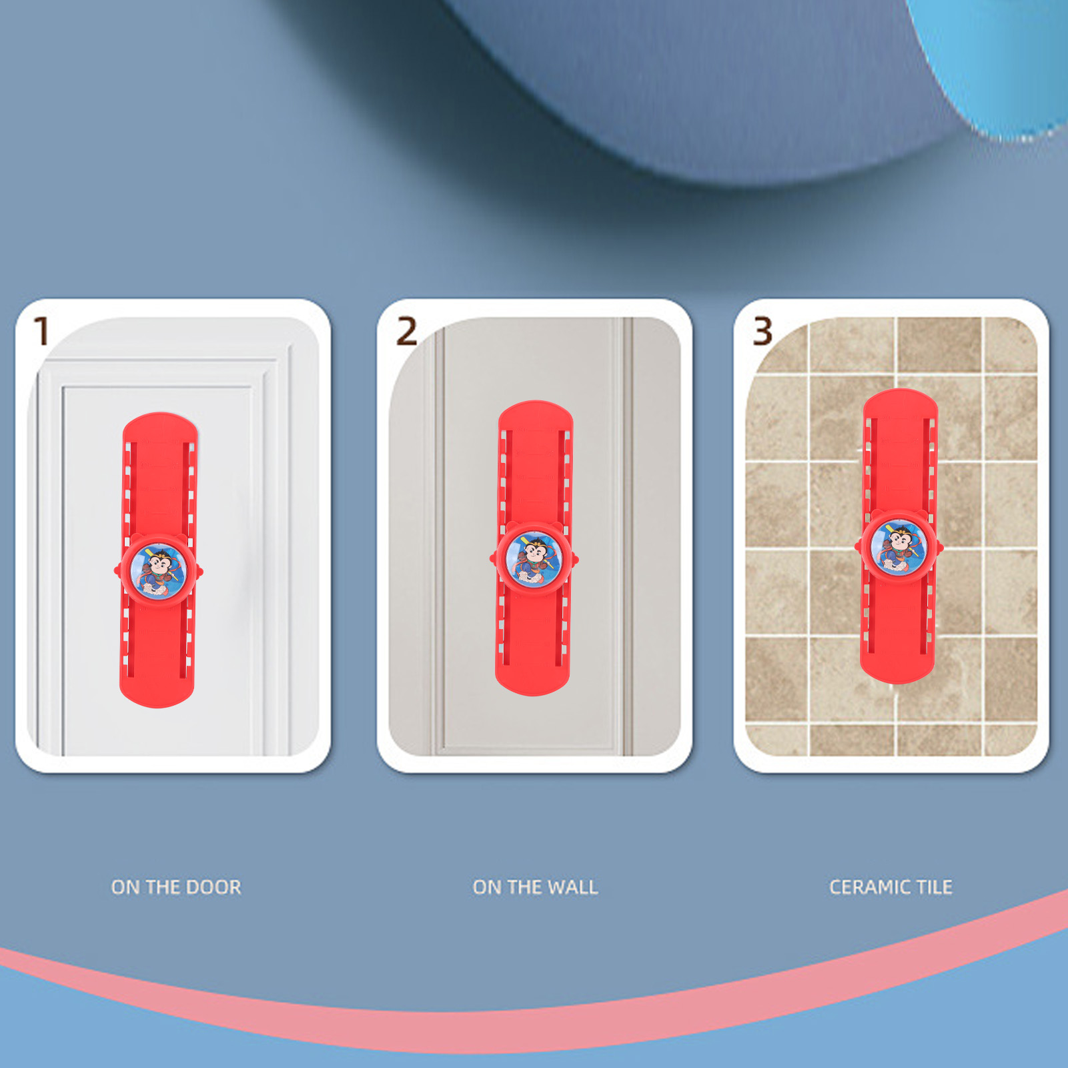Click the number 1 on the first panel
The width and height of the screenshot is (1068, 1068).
click(x=42, y=331)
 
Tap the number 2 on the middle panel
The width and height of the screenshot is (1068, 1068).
click(x=406, y=332)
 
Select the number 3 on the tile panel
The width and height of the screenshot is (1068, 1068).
click(x=762, y=332)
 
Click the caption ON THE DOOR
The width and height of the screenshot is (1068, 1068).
click(x=176, y=887)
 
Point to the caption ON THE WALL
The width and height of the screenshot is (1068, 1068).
click(x=535, y=887)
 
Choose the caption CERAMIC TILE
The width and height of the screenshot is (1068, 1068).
click(x=891, y=887)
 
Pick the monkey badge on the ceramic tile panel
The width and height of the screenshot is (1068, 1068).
click(x=899, y=547)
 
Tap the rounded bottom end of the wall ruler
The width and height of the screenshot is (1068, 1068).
click(x=532, y=683)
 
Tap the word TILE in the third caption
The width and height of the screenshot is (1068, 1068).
click(x=935, y=887)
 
